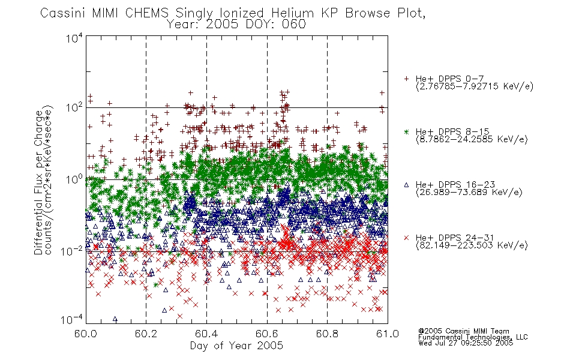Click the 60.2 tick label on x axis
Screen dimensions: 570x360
point(146,334)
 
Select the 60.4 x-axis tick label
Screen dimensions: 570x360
point(206,334)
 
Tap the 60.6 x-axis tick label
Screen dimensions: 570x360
point(267,334)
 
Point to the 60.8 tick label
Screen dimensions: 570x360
point(327,334)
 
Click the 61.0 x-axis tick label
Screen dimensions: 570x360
point(388,334)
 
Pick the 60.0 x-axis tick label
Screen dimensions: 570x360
point(85,334)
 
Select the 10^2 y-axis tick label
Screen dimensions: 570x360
point(74,107)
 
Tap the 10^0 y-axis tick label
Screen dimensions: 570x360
point(74,179)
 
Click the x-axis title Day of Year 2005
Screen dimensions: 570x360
point(236,346)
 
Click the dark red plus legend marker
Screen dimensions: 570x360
point(406,79)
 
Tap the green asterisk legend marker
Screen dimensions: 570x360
point(406,131)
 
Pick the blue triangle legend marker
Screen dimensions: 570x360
point(406,185)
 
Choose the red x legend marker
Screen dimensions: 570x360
point(406,238)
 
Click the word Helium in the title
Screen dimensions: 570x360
point(292,13)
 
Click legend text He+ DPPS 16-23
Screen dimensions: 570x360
point(455,185)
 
